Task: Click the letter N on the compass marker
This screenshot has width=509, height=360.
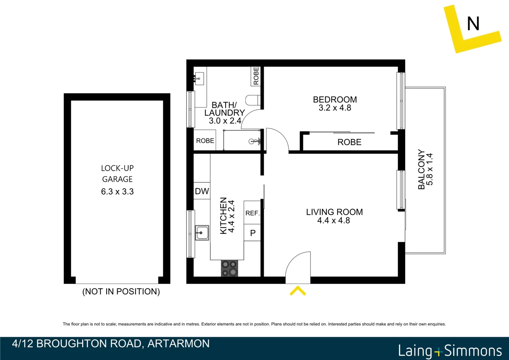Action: point(473,24)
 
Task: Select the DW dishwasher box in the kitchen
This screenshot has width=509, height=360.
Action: point(202,191)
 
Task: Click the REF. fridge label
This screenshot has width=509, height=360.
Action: point(252,213)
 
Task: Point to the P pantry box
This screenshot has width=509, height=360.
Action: point(253,233)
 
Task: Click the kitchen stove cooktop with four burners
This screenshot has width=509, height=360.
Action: point(229,268)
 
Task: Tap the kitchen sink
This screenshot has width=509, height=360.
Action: point(202,233)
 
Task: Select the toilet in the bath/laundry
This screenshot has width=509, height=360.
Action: point(253,100)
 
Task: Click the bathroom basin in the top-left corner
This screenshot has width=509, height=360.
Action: point(199,79)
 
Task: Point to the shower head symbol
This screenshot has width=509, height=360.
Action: point(253,142)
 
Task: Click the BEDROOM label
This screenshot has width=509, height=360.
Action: point(335,99)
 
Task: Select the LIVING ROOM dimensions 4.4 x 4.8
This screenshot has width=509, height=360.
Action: point(333,221)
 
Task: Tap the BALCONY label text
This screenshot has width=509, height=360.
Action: point(421,169)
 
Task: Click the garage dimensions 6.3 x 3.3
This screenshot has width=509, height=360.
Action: point(117,192)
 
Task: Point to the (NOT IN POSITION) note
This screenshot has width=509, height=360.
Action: point(121,292)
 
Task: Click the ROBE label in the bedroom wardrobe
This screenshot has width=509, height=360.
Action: point(349,142)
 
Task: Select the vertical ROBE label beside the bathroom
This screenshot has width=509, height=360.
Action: point(256,76)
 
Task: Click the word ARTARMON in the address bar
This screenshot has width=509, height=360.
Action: point(178,344)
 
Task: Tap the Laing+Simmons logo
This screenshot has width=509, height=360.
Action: point(450,351)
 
